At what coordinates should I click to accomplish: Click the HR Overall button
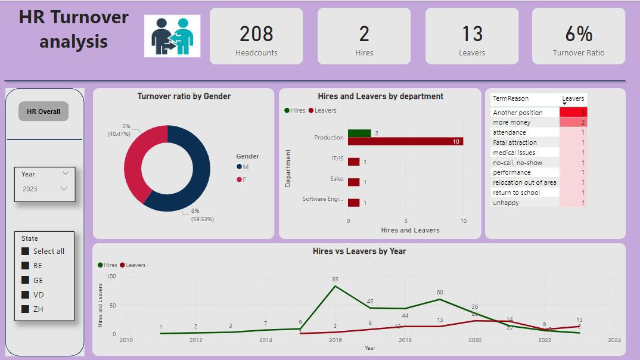44,111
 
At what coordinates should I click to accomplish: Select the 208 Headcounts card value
256,33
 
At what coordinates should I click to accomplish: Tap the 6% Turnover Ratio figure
578,33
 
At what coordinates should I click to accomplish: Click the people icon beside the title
172,36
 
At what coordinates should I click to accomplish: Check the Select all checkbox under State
25,251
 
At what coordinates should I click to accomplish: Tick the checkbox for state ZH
25,309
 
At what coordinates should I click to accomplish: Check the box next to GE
25,280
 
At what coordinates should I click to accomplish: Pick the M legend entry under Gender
240,167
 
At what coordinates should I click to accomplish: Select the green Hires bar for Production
359,134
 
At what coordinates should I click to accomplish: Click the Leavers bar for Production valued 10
405,142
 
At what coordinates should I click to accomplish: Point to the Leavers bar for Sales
353,182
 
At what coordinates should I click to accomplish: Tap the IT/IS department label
337,159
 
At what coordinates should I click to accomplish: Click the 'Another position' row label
518,113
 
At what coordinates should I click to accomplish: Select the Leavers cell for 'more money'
573,122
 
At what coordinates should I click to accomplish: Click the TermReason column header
511,98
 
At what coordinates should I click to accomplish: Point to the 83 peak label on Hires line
335,280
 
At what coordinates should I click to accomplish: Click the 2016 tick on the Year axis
335,340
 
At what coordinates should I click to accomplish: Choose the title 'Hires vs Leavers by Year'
359,251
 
